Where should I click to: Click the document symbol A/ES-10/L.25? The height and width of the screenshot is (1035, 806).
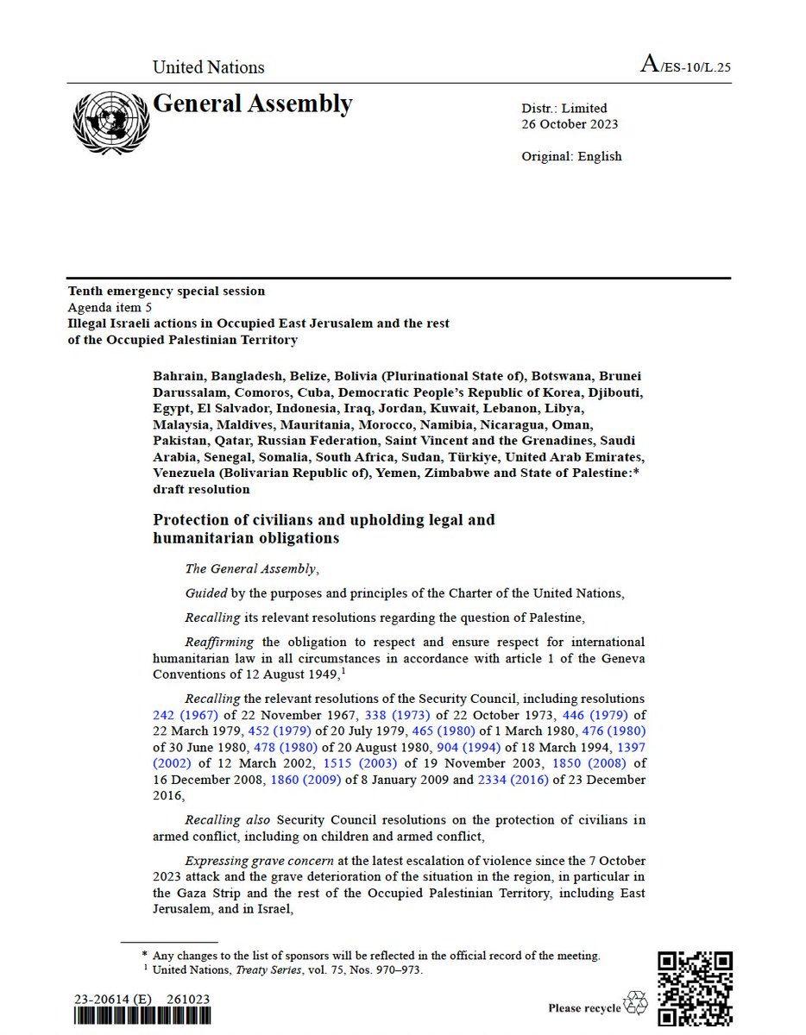click(x=685, y=66)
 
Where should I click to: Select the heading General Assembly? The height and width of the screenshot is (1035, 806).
click(x=252, y=104)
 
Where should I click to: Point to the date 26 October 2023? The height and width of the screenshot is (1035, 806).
click(x=570, y=123)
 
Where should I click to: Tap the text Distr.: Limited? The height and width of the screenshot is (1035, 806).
click(x=564, y=108)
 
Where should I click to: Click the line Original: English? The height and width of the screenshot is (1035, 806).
click(x=571, y=156)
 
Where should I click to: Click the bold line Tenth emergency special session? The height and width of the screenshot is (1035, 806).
click(x=167, y=292)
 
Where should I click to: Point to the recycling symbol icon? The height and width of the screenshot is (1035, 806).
click(x=635, y=1002)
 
